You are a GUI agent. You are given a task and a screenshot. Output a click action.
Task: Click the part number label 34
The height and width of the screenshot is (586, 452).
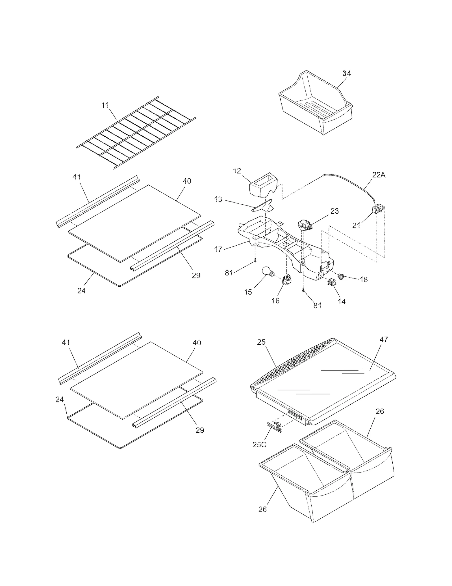pos(346,73)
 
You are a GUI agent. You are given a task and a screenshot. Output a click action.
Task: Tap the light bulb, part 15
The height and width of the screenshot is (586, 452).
pos(267,272)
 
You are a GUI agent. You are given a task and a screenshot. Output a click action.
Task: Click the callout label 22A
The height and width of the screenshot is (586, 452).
pos(379,175)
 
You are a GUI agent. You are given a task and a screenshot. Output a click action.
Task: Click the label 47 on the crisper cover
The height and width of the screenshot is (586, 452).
pos(384,339)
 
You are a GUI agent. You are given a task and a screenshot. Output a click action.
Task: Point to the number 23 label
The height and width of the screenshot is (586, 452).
pos(334,211)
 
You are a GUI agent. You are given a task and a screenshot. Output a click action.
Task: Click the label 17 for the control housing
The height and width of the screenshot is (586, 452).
pos(218,249)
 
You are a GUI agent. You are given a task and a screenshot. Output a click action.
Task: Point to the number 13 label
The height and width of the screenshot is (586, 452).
pos(218,199)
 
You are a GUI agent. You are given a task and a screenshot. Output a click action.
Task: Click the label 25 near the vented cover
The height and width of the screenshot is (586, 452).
pos(261,342)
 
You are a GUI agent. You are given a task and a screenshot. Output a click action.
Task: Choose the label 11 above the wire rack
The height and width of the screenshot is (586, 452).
pos(105,106)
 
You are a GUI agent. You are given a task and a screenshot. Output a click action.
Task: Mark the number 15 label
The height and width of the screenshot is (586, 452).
pos(248,292)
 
